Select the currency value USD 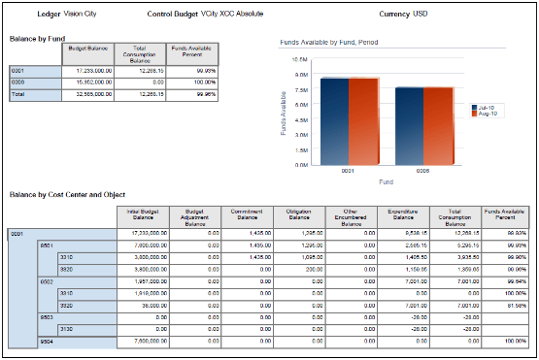(x=392, y=16)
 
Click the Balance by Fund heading (x=37, y=38)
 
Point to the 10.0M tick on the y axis (x=300, y=58)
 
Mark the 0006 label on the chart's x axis (x=424, y=173)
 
